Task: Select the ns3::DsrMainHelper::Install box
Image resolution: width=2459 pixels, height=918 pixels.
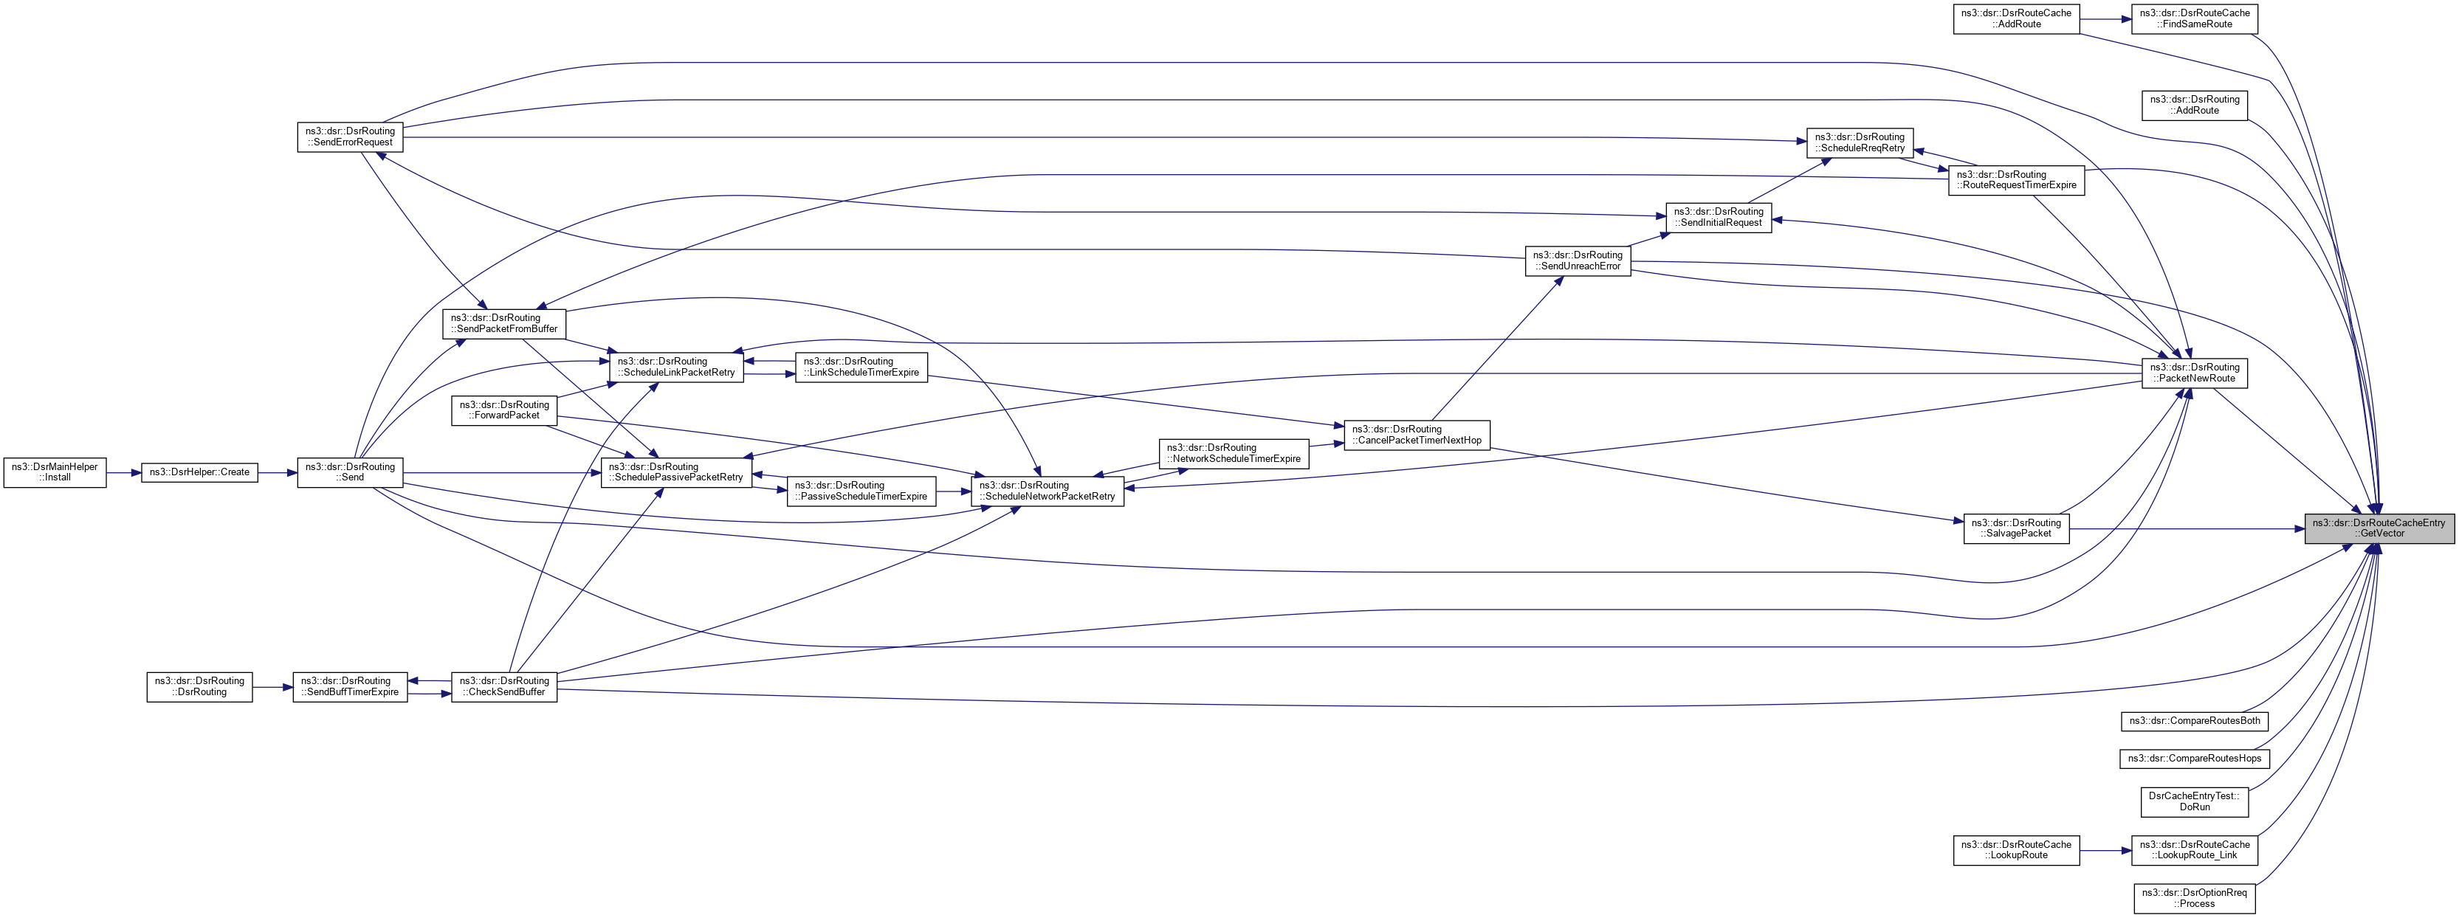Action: (55, 472)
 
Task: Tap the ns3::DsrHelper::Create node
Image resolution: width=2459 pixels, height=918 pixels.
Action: (199, 472)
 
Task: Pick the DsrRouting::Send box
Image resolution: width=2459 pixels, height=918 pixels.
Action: (351, 472)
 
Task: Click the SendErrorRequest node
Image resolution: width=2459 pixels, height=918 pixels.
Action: (351, 137)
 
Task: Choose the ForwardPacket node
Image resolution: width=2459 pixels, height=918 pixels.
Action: (504, 410)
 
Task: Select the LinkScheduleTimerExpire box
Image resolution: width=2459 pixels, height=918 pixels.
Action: (861, 367)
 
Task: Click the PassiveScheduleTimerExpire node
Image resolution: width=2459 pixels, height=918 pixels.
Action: (861, 491)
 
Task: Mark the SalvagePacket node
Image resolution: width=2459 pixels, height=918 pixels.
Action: (2016, 528)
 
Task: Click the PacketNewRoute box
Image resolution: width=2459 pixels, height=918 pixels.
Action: (2195, 373)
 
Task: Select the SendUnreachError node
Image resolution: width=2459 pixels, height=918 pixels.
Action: (1578, 260)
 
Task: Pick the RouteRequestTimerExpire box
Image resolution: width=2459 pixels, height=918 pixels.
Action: (2016, 180)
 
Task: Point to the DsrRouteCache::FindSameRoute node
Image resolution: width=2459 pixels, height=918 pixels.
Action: (2195, 19)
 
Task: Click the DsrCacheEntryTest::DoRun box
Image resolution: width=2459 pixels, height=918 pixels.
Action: (2195, 801)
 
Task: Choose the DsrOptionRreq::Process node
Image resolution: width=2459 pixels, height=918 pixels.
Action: (2195, 899)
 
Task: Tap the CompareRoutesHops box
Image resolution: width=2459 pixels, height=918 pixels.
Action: (2195, 759)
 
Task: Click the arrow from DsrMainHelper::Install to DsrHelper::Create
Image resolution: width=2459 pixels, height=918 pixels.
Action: (123, 472)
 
